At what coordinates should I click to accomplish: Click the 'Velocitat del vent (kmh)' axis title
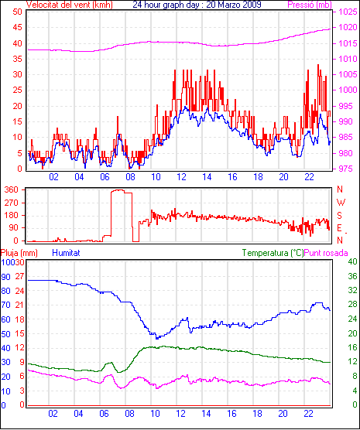(x=70, y=5)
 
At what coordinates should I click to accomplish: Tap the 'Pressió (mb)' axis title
(x=310, y=5)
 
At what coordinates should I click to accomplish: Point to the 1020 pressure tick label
(x=348, y=27)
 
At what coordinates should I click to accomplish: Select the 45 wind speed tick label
(x=17, y=27)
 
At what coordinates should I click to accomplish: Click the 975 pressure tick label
(x=348, y=169)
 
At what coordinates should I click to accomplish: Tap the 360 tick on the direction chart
(x=12, y=189)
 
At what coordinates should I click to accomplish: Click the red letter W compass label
(x=341, y=203)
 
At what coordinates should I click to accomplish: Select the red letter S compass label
(x=340, y=216)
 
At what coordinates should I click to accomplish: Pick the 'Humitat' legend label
(x=66, y=253)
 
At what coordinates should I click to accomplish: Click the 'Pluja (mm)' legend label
(x=19, y=253)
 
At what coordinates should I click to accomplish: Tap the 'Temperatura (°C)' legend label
(x=273, y=253)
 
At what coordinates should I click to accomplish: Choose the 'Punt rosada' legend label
(x=326, y=253)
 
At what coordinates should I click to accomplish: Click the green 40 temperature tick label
(x=352, y=261)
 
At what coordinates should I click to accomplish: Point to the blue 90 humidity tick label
(x=5, y=277)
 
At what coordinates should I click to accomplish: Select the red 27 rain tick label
(x=19, y=276)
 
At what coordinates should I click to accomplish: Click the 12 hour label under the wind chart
(x=181, y=177)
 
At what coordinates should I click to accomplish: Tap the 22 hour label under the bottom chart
(x=309, y=413)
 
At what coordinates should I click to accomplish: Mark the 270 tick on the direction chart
(x=12, y=203)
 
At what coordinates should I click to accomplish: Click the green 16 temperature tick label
(x=352, y=347)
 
